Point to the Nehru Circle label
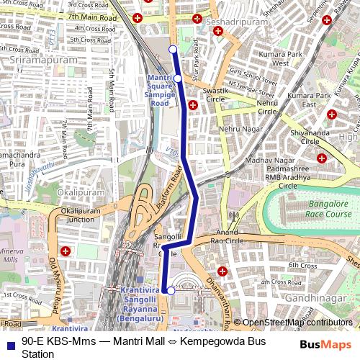click(266, 107)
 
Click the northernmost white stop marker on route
click(173, 49)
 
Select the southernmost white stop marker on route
click(171, 291)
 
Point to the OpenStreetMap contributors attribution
click(297, 323)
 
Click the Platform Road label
click(168, 188)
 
